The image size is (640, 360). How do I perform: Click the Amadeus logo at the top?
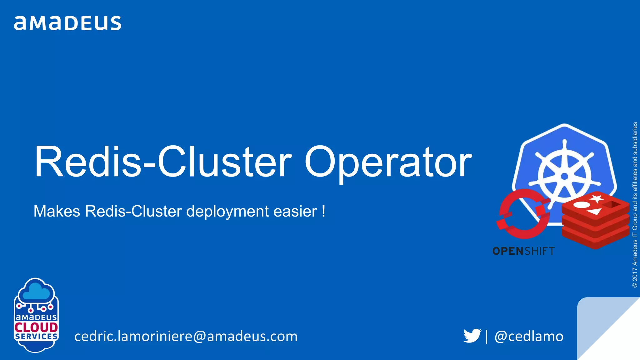[x=67, y=23]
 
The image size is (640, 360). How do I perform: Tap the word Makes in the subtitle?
[x=57, y=211]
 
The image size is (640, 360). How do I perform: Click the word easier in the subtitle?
[x=295, y=211]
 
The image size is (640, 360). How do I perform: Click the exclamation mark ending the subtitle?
[x=323, y=211]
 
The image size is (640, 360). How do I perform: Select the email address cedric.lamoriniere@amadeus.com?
[x=186, y=336]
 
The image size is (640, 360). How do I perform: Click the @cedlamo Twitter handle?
[x=529, y=336]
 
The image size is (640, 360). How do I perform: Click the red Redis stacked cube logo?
[x=595, y=220]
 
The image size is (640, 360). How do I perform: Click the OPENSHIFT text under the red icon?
[x=523, y=251]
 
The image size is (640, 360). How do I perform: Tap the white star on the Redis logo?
[x=597, y=198]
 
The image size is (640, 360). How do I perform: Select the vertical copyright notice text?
[x=635, y=205]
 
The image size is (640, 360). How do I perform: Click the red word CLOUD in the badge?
[x=36, y=327]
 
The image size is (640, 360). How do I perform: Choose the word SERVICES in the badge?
[x=36, y=337]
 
